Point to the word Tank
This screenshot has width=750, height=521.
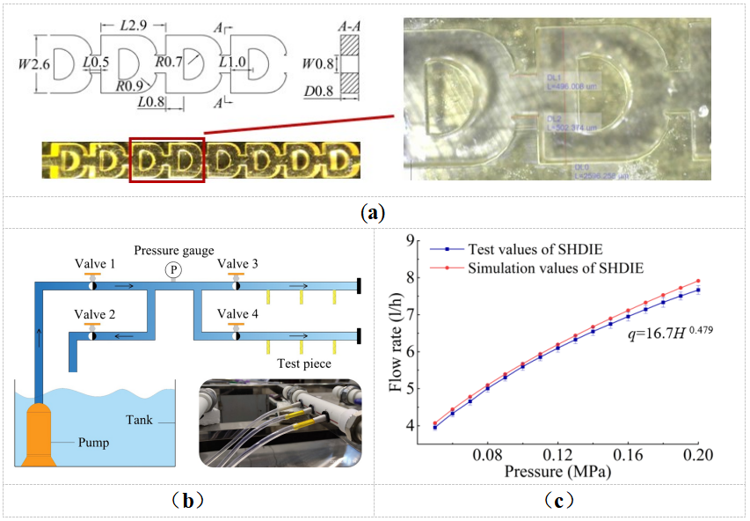tap(139, 421)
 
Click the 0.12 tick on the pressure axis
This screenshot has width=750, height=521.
tap(557, 458)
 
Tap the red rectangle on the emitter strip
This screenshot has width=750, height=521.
tap(166, 158)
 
